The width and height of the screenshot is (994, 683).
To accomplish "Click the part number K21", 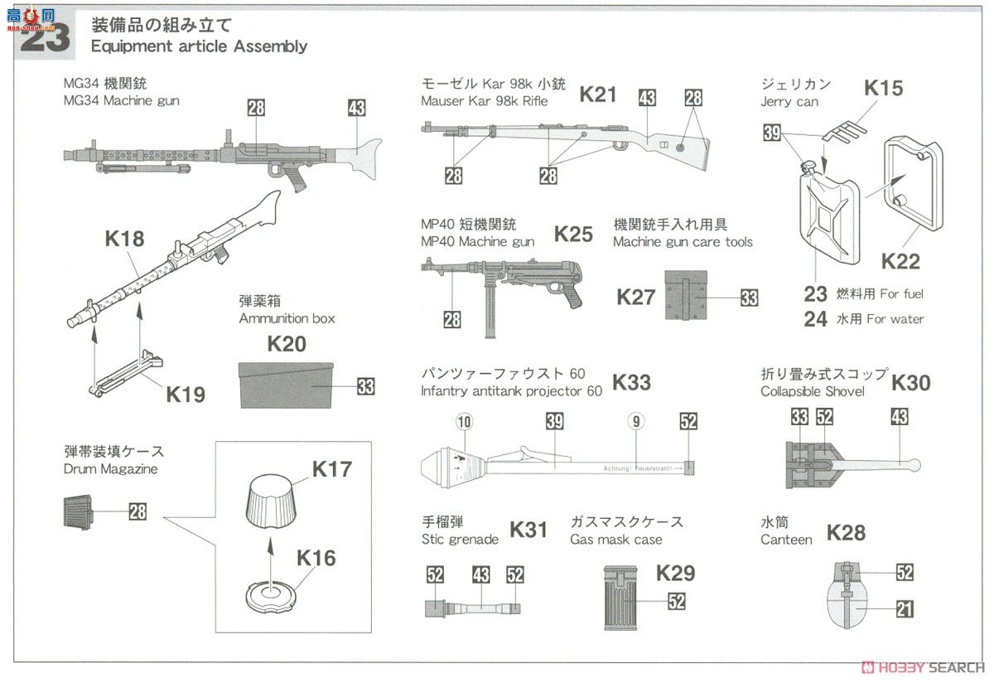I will point(597,94).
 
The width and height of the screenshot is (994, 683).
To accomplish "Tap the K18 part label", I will point(124,240).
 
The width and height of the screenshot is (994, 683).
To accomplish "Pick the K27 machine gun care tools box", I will point(685,297).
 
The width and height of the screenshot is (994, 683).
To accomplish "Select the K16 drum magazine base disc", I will point(270,594).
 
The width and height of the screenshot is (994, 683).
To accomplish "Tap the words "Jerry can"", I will point(789,102).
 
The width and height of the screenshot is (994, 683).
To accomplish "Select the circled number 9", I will point(635,422).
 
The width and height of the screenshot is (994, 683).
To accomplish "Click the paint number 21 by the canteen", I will point(905,610).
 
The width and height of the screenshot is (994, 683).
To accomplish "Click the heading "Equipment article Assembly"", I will point(199,46).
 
